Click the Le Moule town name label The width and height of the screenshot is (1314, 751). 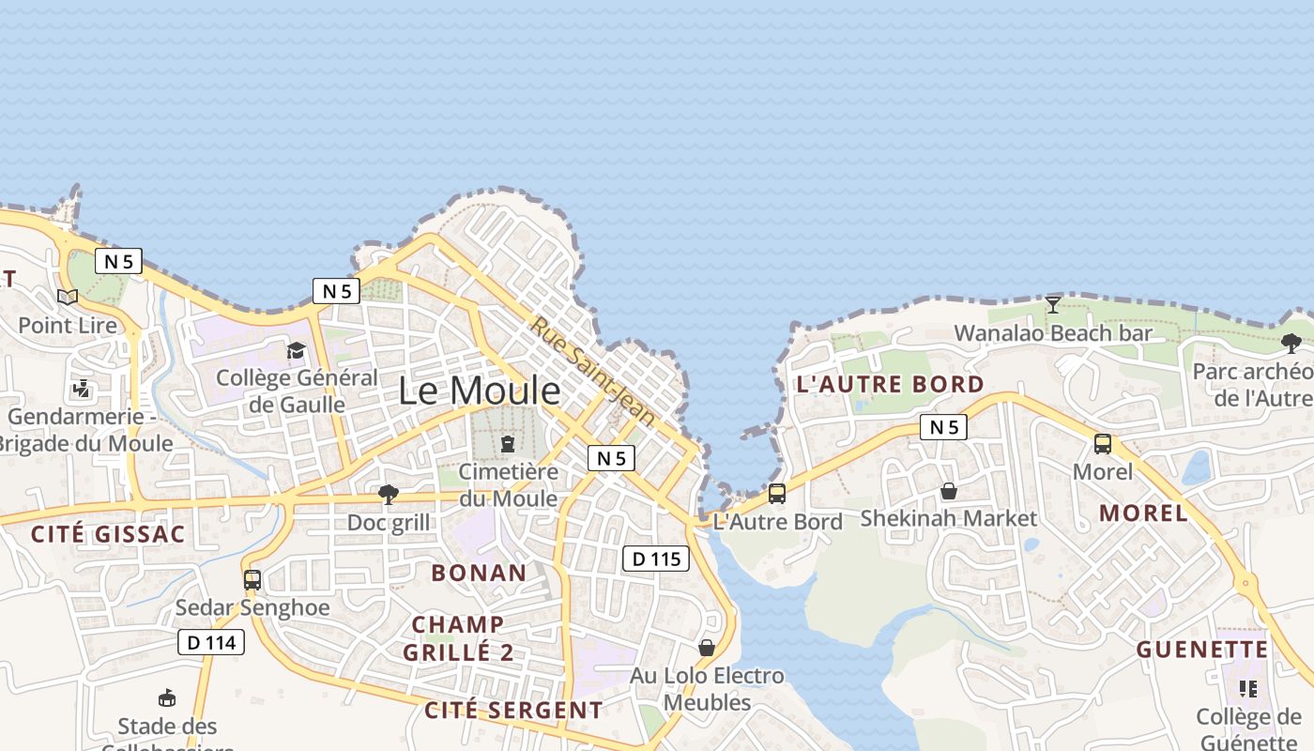[x=480, y=391]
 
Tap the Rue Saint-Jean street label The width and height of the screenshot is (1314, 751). [x=593, y=369]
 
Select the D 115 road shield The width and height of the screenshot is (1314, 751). [x=656, y=559]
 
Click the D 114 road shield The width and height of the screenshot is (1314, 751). [x=211, y=642]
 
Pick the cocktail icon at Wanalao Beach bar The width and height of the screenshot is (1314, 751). [x=1053, y=304]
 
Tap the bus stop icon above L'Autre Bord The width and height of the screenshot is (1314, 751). [x=777, y=493]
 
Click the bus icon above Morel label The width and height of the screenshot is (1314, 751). [x=1103, y=444]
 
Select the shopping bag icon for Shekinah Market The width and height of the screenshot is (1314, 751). [x=949, y=491]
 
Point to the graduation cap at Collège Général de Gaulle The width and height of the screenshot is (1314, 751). [x=297, y=350]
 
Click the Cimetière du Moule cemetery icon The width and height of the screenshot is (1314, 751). [x=508, y=443]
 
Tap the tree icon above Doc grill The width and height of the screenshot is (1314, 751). [x=388, y=495]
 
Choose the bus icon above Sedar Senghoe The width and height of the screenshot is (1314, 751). [x=252, y=580]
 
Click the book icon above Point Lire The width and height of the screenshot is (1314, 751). [x=68, y=298]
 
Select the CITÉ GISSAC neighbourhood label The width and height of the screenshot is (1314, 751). [x=108, y=534]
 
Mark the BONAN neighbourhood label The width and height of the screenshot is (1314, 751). [x=479, y=572]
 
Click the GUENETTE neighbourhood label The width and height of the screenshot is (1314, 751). [x=1202, y=650]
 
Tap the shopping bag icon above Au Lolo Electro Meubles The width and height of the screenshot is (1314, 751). [x=707, y=648]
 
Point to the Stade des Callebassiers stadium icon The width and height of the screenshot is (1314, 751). [x=167, y=697]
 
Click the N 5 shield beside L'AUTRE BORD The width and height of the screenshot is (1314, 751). [x=943, y=427]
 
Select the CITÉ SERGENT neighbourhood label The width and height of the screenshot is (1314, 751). [x=513, y=710]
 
